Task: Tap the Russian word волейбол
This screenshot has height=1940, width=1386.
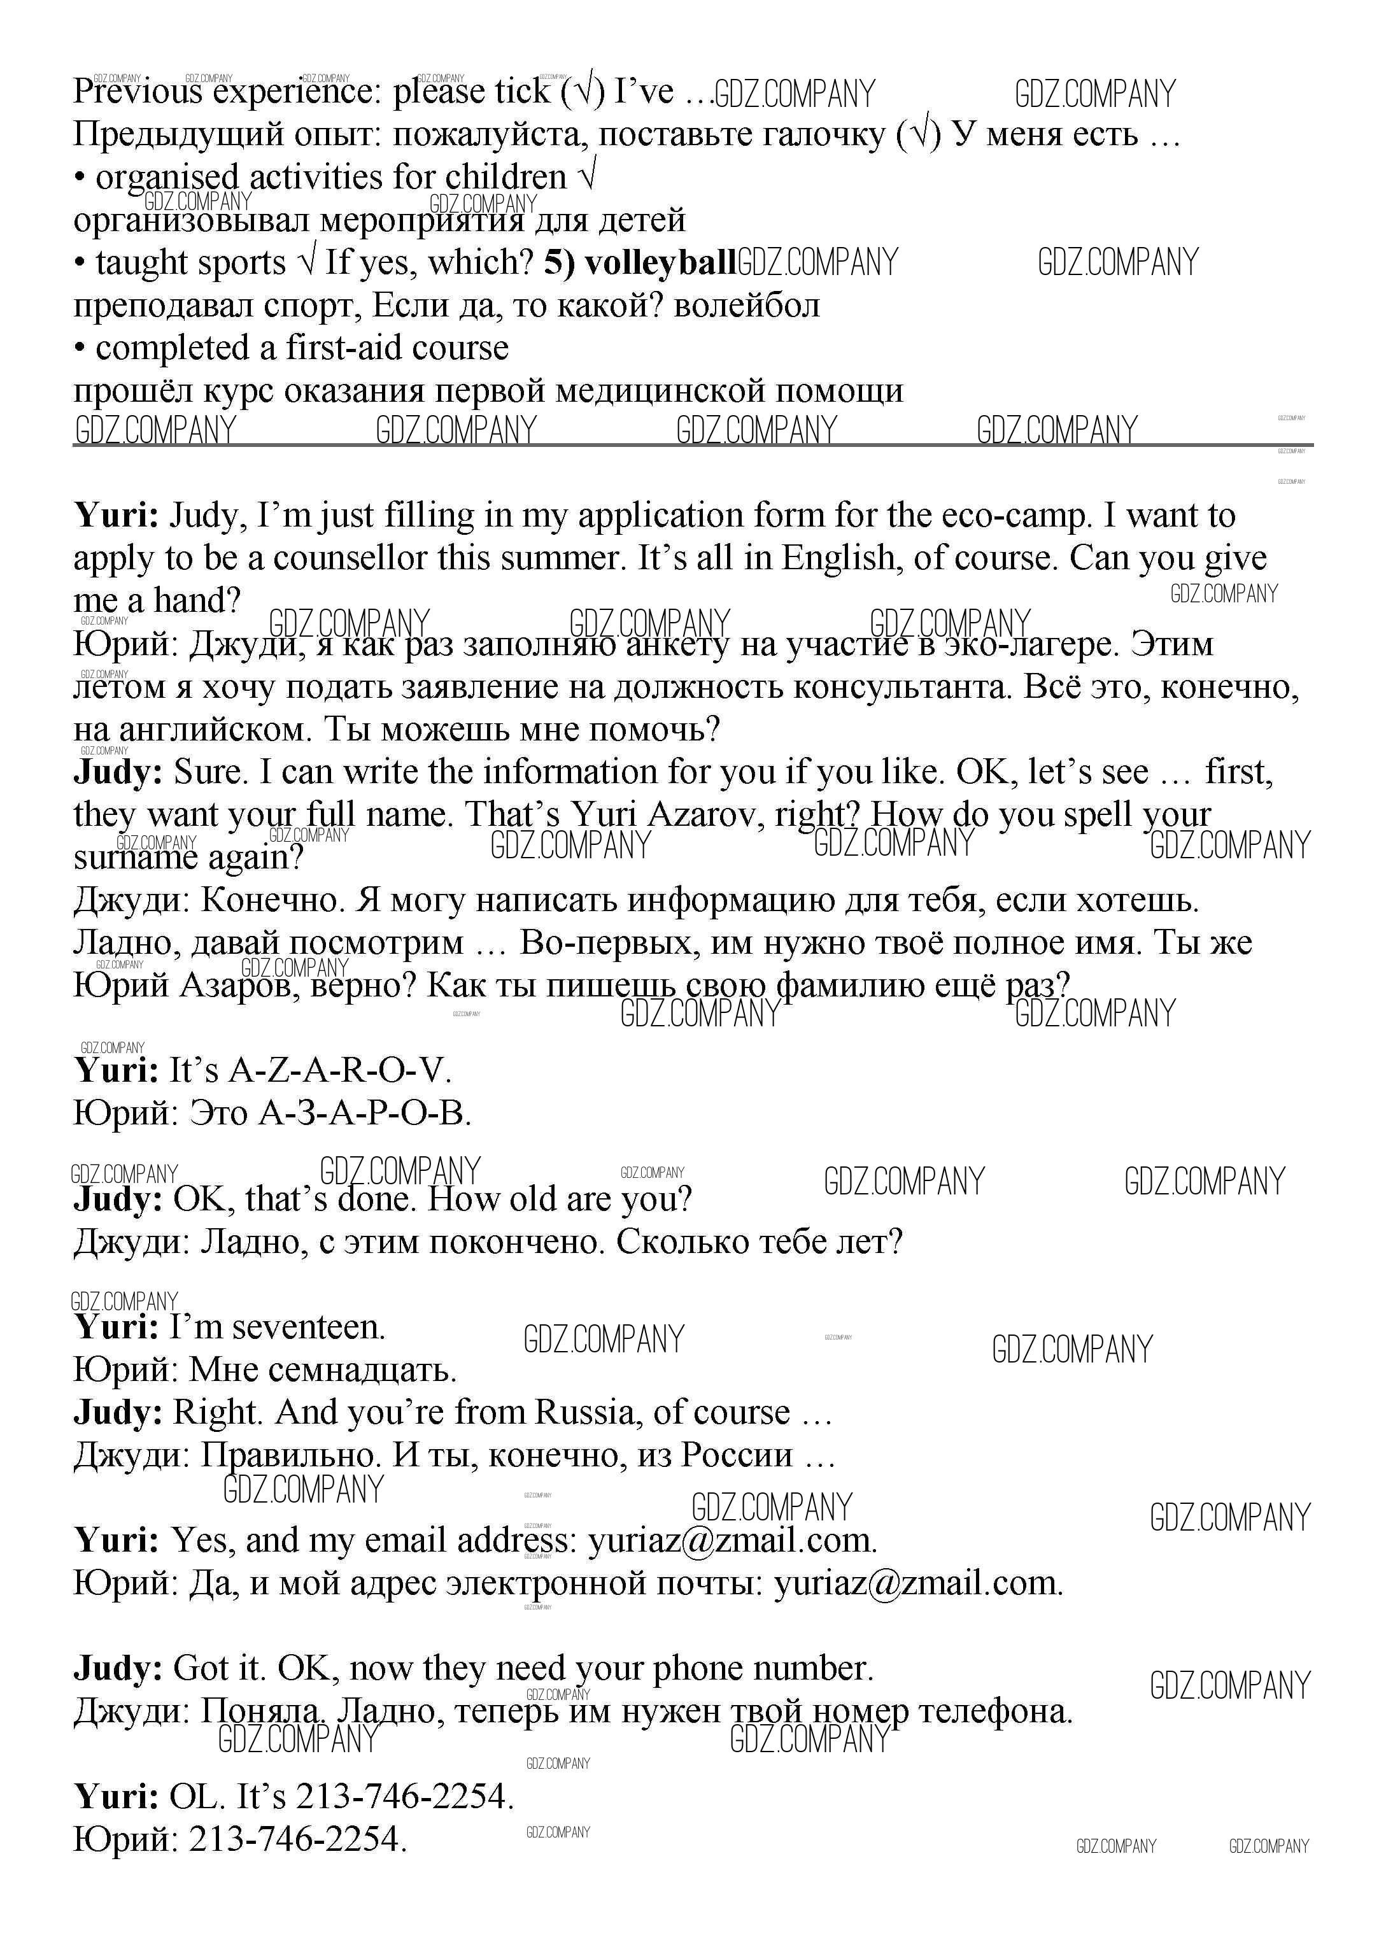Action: click(747, 306)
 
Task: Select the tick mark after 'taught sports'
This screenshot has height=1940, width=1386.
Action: click(306, 263)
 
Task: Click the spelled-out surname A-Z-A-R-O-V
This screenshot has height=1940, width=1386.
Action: click(340, 1070)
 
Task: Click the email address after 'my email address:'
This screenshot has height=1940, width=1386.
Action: click(732, 1540)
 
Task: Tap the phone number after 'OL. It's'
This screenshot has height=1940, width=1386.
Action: click(404, 1795)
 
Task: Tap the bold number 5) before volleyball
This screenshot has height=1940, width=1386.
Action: click(558, 263)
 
